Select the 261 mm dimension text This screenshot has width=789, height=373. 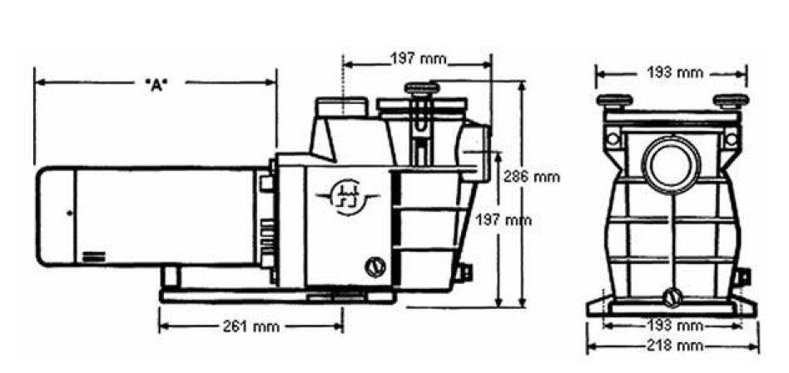pos(251,326)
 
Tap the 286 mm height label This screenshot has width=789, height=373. pos(532,177)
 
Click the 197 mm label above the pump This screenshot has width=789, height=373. pos(419,59)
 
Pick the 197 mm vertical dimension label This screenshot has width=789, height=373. pos(504,220)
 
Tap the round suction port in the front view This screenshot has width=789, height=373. pos(672,164)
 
